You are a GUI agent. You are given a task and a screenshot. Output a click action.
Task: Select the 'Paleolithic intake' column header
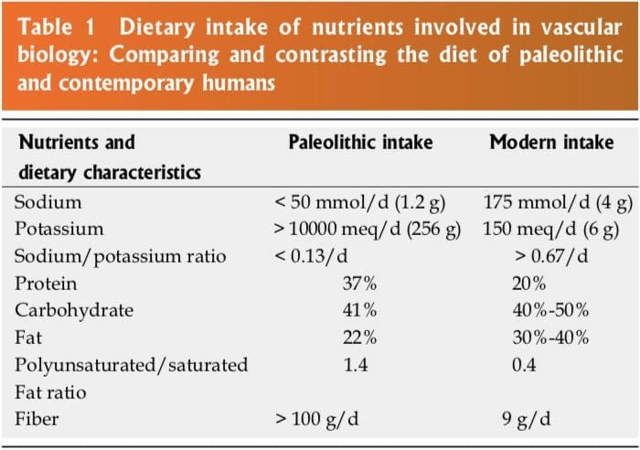(x=360, y=143)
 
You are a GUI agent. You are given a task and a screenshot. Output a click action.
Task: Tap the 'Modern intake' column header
(x=551, y=143)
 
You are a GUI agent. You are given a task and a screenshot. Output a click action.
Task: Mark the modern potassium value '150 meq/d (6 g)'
(x=551, y=229)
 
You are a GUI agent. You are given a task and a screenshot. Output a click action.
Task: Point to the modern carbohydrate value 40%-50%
(x=550, y=310)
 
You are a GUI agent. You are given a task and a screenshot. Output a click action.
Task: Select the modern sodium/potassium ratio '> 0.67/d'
(x=551, y=256)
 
